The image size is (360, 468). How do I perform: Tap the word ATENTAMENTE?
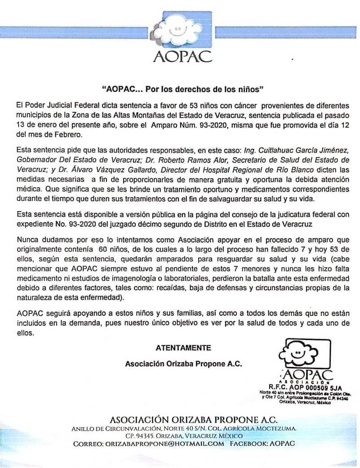[183, 348]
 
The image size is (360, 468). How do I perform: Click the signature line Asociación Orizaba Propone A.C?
[183, 364]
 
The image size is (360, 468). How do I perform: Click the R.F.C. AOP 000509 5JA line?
[305, 386]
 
